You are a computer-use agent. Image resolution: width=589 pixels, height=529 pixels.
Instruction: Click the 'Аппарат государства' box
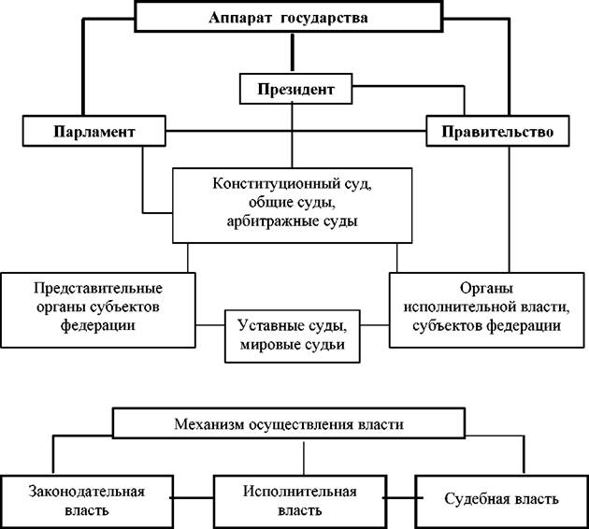[x=289, y=17]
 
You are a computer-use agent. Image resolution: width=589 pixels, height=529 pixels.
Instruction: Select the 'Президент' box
[x=296, y=89]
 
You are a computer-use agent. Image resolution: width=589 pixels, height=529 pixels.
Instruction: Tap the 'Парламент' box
[x=93, y=131]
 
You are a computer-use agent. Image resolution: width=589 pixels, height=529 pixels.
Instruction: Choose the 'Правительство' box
[x=497, y=131]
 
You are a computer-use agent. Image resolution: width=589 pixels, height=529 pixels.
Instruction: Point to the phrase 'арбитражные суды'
[x=292, y=221]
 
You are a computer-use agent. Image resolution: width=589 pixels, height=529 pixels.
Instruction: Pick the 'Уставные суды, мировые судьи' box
[x=293, y=336]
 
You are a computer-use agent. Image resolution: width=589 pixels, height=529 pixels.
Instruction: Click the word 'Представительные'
[x=98, y=289]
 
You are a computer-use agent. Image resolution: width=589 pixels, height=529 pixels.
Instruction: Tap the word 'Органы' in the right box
[x=486, y=289]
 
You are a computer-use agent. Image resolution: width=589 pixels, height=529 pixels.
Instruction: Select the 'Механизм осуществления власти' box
[x=289, y=423]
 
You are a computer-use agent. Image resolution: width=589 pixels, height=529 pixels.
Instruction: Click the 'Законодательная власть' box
[x=87, y=501]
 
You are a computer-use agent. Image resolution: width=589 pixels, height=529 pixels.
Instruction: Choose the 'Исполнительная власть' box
[x=300, y=501]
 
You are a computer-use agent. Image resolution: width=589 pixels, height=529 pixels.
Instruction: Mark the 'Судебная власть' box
[x=501, y=501]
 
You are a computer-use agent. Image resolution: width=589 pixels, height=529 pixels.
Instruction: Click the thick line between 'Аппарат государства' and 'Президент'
[x=293, y=52]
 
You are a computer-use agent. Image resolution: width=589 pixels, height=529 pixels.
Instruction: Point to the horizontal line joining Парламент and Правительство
[x=296, y=131]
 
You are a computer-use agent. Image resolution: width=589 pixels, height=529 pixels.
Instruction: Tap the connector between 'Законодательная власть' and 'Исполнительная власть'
[x=194, y=498]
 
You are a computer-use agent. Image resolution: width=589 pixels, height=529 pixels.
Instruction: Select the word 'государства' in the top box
[x=323, y=18]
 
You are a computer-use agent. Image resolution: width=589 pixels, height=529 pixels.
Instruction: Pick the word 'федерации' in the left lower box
[x=98, y=325]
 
